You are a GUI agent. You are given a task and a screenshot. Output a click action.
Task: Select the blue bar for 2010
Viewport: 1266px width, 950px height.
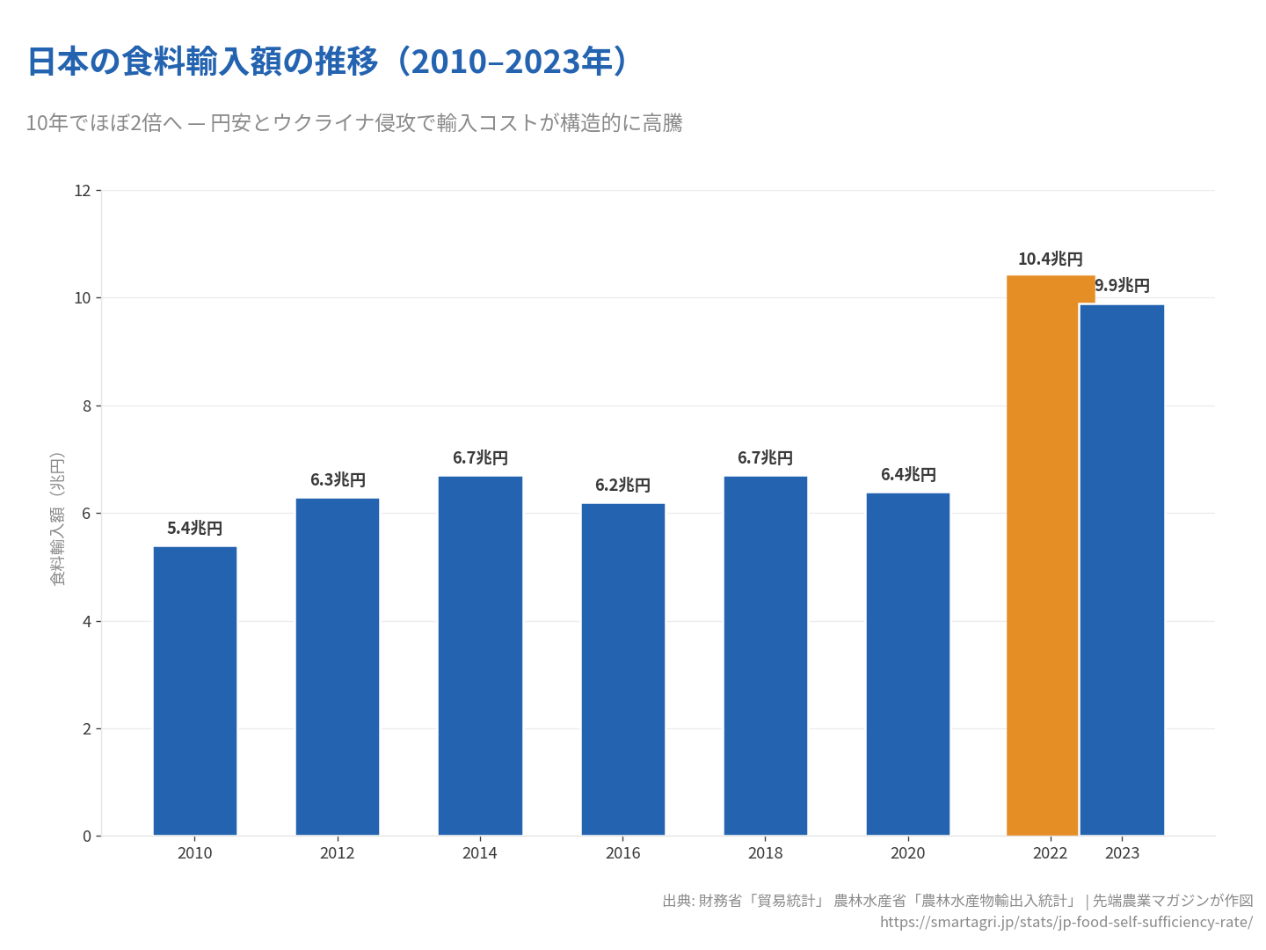[x=194, y=691]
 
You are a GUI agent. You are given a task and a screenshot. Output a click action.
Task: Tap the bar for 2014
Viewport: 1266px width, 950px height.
[x=480, y=655]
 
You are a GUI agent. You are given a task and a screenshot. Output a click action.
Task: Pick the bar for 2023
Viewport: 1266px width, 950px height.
[x=1122, y=570]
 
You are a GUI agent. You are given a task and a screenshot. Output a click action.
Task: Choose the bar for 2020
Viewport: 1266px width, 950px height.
[x=907, y=663]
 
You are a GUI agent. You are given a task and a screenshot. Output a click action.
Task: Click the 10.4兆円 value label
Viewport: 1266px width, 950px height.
[x=1050, y=259]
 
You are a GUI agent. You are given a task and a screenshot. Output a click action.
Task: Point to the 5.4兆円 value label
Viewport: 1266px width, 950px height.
[x=194, y=529]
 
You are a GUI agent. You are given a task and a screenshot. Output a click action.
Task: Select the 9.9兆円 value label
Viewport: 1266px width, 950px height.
[x=1122, y=286]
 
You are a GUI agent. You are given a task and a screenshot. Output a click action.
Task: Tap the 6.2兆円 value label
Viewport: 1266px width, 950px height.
[x=622, y=486]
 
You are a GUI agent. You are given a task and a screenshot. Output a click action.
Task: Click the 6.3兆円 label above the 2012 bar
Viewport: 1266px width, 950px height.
[x=338, y=480]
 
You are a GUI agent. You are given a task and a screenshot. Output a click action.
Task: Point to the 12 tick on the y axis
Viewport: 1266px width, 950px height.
[x=83, y=191]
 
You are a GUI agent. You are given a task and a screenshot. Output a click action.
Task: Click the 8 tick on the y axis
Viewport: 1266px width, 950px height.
[x=87, y=406]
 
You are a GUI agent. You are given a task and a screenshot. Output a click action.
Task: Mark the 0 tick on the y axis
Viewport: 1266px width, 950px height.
[x=87, y=837]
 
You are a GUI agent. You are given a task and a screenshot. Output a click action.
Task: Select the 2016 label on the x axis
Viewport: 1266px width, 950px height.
[x=622, y=853]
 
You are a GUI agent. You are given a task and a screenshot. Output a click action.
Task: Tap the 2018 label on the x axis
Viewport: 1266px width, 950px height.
[x=765, y=853]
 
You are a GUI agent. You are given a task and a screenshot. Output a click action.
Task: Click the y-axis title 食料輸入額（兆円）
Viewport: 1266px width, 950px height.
[x=57, y=519]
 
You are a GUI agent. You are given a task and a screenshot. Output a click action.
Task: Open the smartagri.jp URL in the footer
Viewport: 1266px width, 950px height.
[x=1066, y=922]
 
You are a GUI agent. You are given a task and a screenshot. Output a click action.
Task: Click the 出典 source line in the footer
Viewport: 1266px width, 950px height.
[x=957, y=901]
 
